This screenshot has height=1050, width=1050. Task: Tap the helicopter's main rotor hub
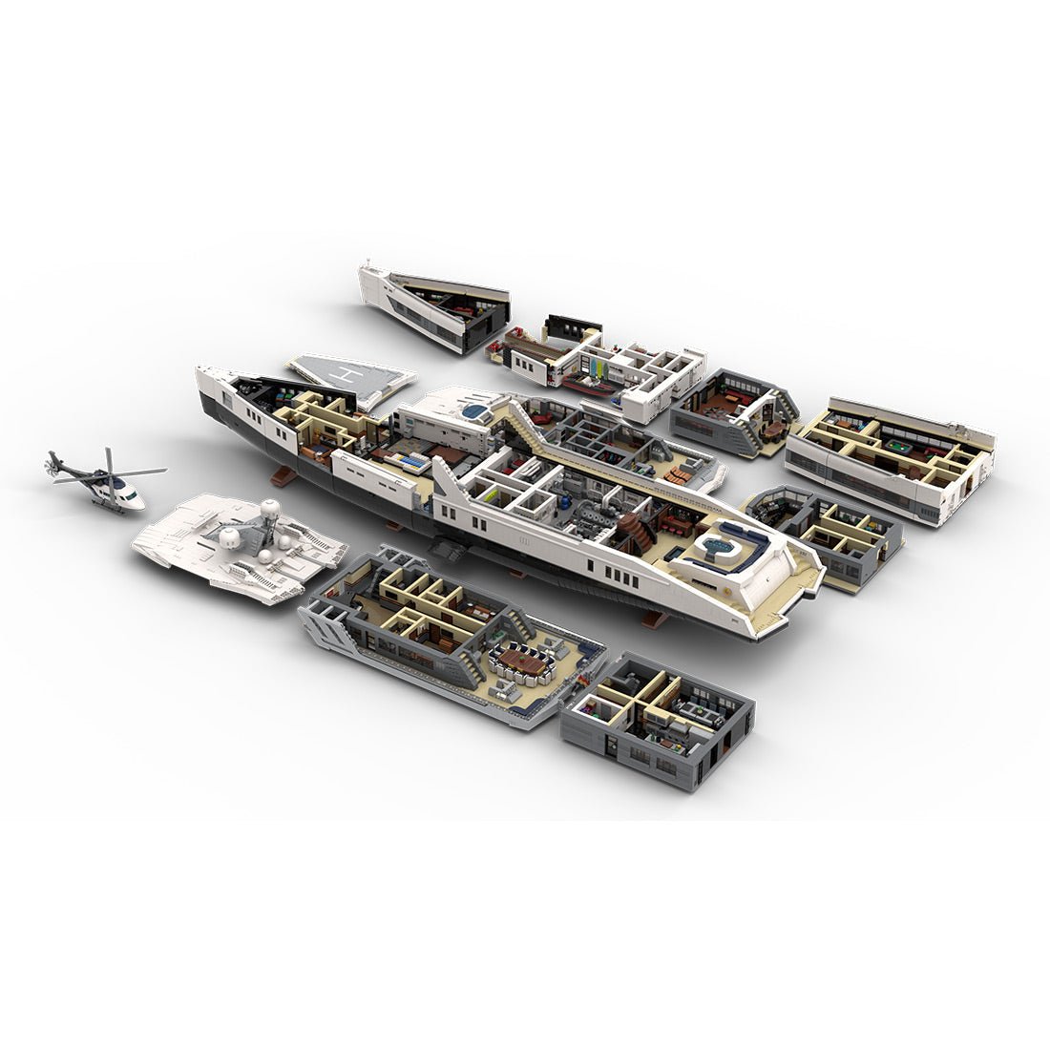[x=108, y=470]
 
